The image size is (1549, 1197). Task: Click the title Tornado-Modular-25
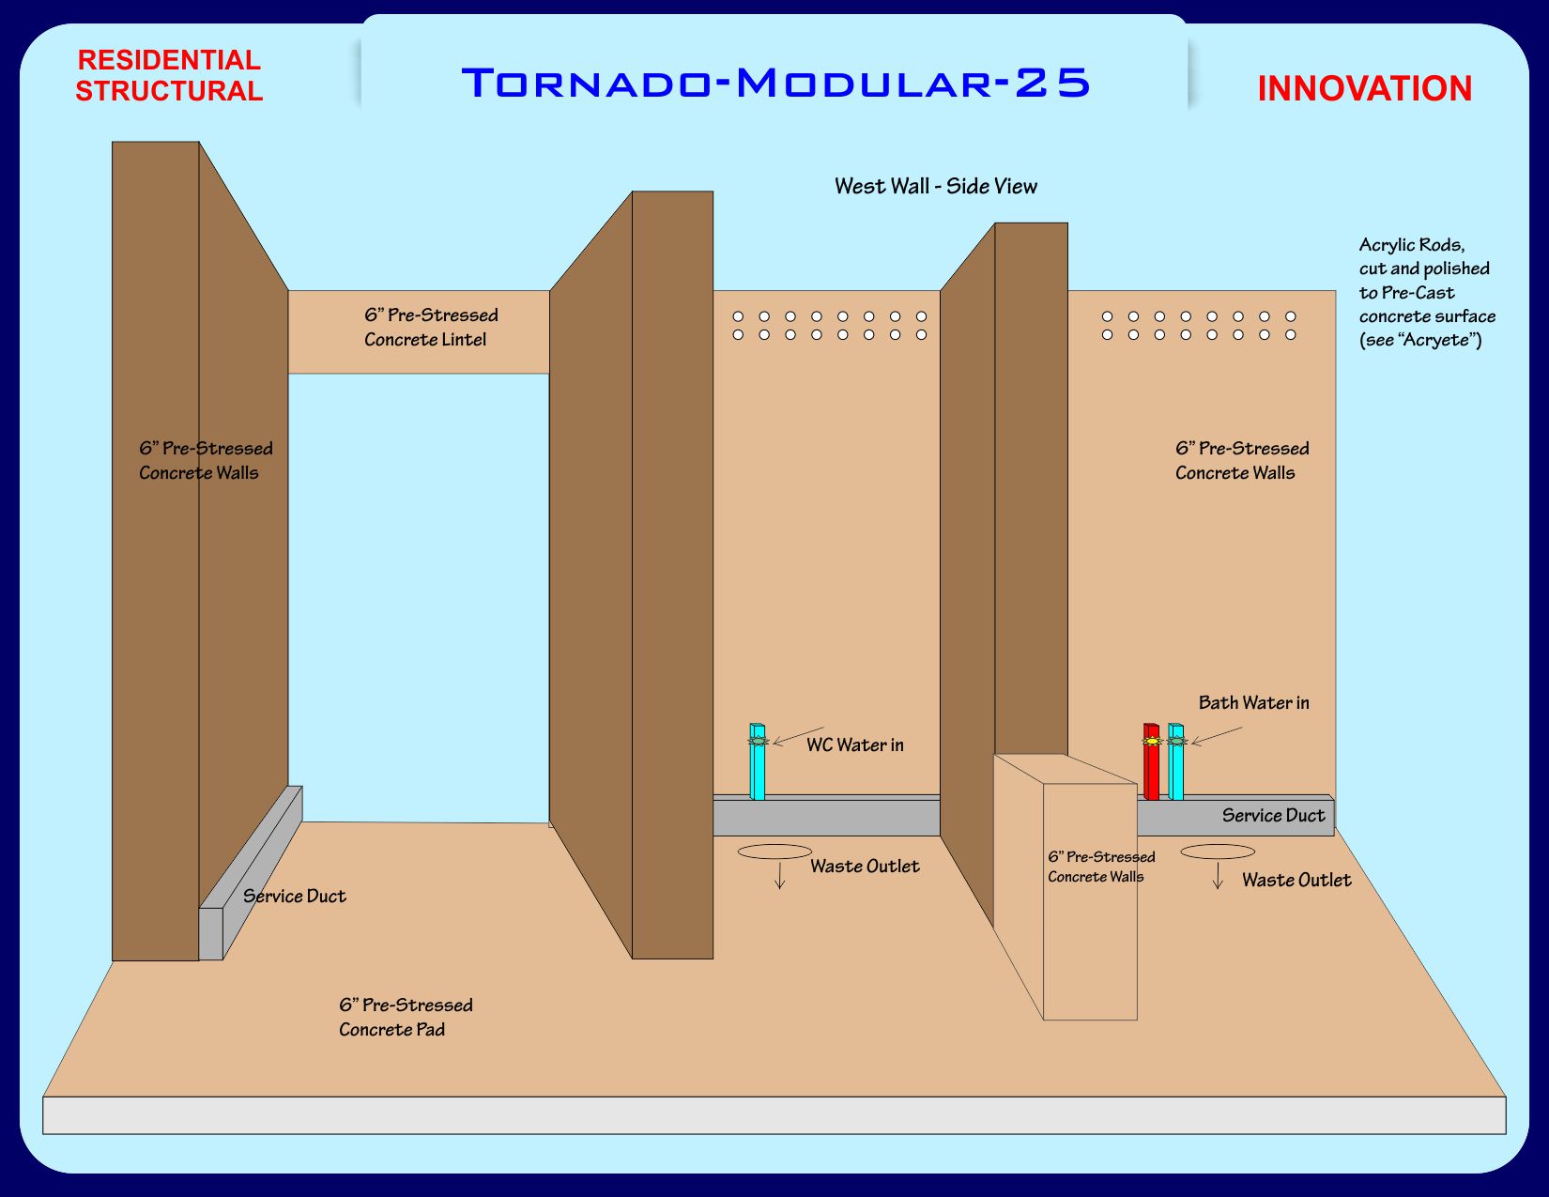coord(775,83)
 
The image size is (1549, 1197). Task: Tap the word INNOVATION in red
coord(1364,89)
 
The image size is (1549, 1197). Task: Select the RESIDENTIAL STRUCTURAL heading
coord(169,75)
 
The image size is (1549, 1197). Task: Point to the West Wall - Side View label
coord(936,186)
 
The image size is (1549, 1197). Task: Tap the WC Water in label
coord(854,745)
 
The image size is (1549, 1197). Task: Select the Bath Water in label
coord(1253,703)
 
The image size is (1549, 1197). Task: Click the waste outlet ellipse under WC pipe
coord(774,852)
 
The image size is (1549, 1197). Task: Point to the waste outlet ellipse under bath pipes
coord(1217,852)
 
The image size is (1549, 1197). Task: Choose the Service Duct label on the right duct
coord(1273,816)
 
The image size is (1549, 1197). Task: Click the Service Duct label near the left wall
coord(294,897)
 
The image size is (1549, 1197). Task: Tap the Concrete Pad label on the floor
coord(406,1017)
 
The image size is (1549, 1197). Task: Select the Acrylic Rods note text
coord(1426,292)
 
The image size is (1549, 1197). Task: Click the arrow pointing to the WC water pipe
coord(797,735)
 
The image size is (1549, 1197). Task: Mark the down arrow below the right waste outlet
coord(1218,876)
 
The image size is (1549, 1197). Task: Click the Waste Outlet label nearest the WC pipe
coord(865,867)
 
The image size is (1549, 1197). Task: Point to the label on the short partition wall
coord(1100,867)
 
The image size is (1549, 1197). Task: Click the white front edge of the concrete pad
coord(774,1115)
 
